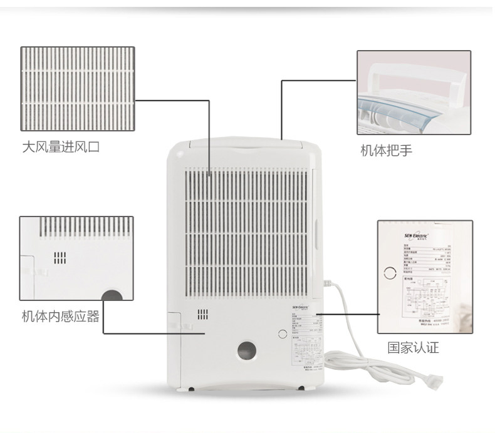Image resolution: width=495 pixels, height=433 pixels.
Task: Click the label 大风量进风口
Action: [x=60, y=148]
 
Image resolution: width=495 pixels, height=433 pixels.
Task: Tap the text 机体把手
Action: [x=385, y=151]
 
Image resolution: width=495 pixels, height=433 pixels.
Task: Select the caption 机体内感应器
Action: [x=60, y=317]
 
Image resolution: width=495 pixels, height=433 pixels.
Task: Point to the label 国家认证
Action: [x=413, y=348]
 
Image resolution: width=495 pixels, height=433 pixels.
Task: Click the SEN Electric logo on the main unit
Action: [x=304, y=308]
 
